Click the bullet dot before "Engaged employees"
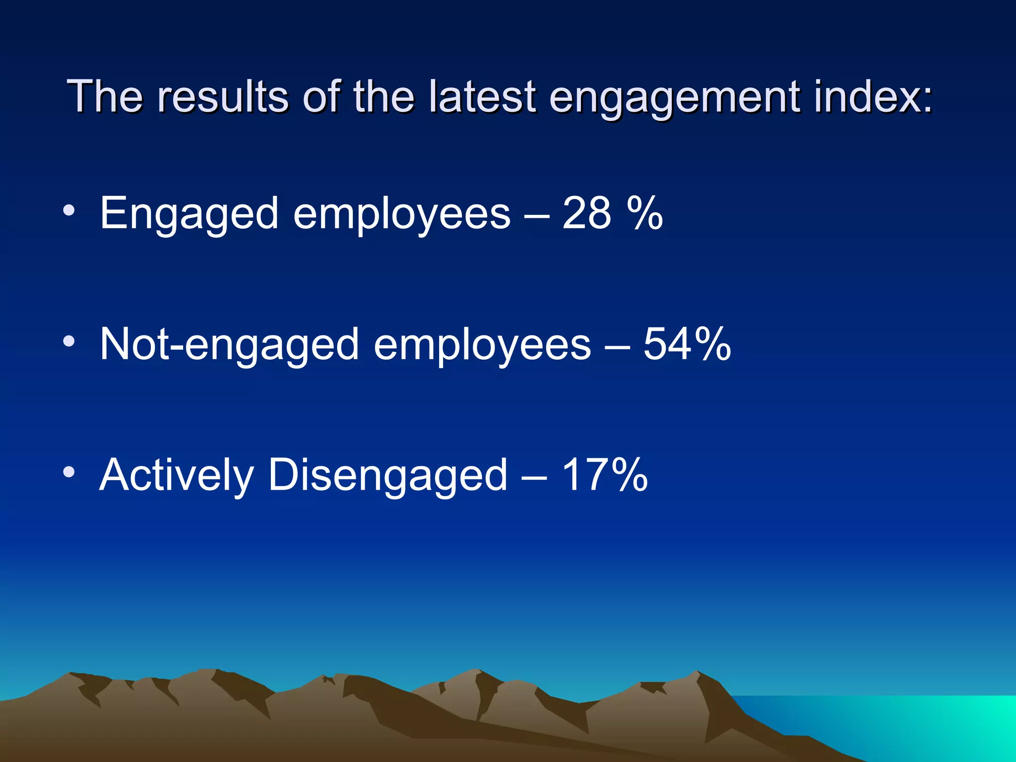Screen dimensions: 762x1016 click(x=69, y=210)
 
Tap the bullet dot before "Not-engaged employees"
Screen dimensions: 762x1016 click(x=69, y=341)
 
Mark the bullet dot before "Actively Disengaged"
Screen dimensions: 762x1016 click(x=69, y=472)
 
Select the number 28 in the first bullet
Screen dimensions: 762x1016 click(x=586, y=213)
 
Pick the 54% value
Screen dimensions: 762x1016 click(x=687, y=344)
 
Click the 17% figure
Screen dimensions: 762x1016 click(x=604, y=475)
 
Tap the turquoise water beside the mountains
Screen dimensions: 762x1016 click(x=918, y=724)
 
